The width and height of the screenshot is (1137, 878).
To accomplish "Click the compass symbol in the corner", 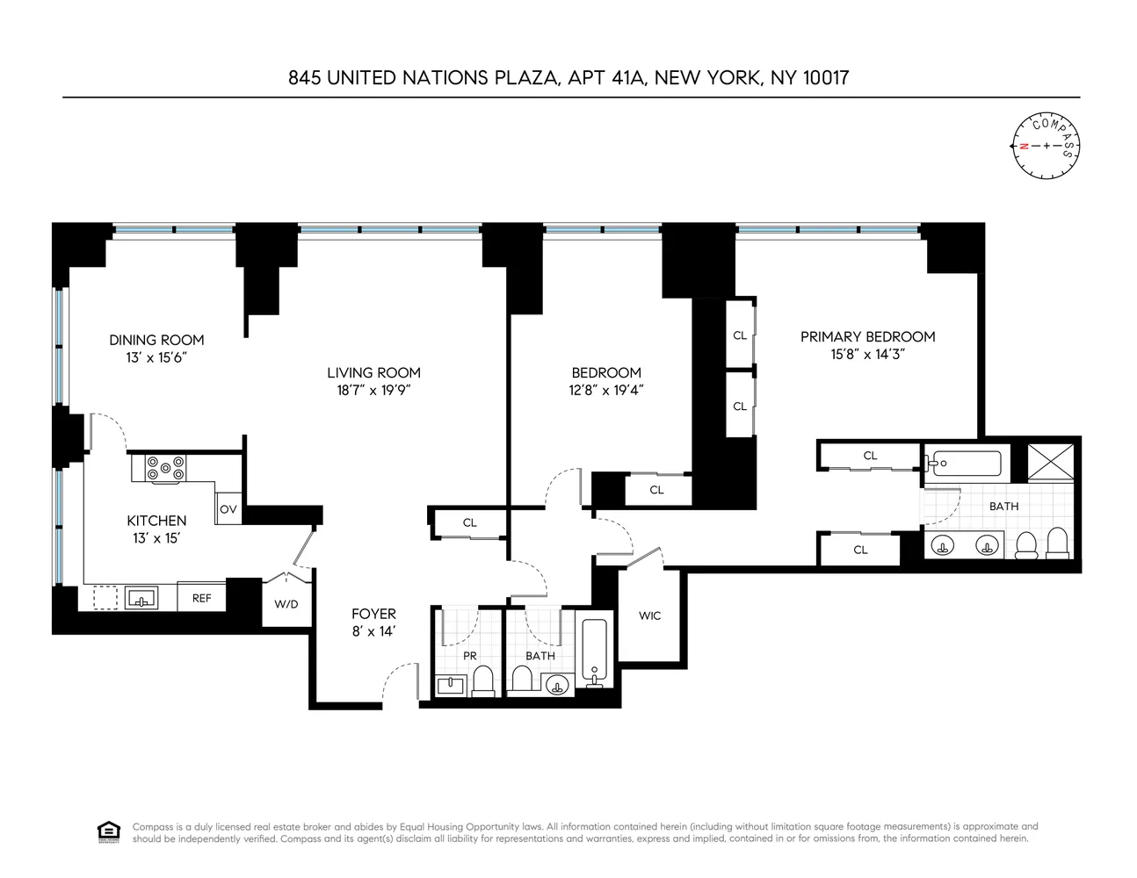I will coord(1046,145).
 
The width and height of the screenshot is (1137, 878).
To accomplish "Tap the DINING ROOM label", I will coord(156,340).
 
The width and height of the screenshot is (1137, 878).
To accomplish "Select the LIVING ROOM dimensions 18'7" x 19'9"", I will coord(373,391).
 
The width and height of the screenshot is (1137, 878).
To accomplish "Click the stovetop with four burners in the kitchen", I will coord(166,468).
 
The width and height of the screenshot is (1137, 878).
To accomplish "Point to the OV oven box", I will coord(228,508).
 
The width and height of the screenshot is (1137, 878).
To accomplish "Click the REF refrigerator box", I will coord(201,598).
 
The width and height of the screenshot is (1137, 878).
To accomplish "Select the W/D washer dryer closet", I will coord(286,604).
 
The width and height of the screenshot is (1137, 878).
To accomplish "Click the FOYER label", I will coord(373,614).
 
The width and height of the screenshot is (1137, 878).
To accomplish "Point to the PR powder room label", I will coord(469,655).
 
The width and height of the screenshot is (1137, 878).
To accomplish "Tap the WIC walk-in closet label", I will coord(649,615).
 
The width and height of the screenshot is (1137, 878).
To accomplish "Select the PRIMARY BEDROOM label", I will coord(867,336).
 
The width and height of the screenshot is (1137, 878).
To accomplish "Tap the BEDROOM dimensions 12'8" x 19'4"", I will coord(606,391).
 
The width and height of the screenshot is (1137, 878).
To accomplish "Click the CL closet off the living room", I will coord(469,522).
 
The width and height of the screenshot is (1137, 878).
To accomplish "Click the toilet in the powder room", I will coord(483,680).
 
